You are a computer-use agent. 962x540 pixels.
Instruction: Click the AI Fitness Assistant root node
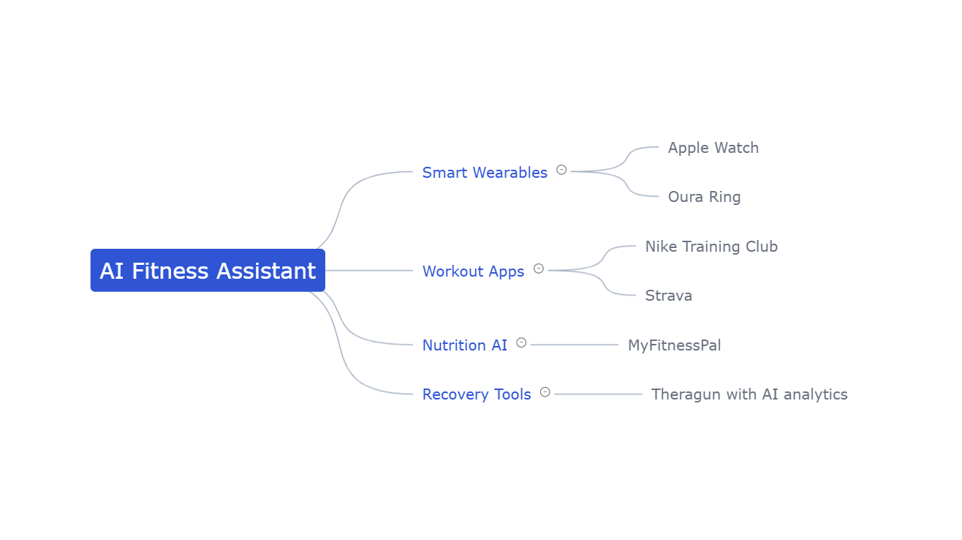(208, 271)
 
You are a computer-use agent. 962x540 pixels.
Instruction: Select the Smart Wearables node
(484, 172)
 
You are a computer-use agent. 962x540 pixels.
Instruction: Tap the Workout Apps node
(473, 271)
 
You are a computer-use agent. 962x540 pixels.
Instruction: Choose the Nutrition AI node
(464, 345)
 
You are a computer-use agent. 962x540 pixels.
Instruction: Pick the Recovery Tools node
(476, 394)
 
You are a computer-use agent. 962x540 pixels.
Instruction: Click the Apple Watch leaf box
(713, 147)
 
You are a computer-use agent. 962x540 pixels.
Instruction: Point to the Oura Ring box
(704, 197)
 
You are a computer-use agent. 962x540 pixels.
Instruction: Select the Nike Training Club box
(711, 246)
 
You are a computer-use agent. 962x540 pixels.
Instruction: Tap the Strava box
(668, 296)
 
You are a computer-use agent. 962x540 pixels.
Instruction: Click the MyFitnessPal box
(674, 345)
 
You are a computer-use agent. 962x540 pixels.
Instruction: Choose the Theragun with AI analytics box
(749, 394)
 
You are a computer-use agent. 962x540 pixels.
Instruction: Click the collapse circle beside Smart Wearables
(561, 170)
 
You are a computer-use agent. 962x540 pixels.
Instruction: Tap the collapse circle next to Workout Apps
(539, 269)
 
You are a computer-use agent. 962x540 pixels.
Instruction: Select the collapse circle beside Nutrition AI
(521, 342)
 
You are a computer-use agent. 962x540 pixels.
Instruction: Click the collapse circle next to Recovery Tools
(545, 392)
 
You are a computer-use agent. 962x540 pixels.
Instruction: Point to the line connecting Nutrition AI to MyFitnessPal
(574, 345)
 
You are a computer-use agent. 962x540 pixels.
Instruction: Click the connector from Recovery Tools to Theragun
(597, 394)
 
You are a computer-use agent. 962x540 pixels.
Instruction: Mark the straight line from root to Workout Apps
(369, 271)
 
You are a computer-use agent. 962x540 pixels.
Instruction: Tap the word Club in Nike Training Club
(762, 246)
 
